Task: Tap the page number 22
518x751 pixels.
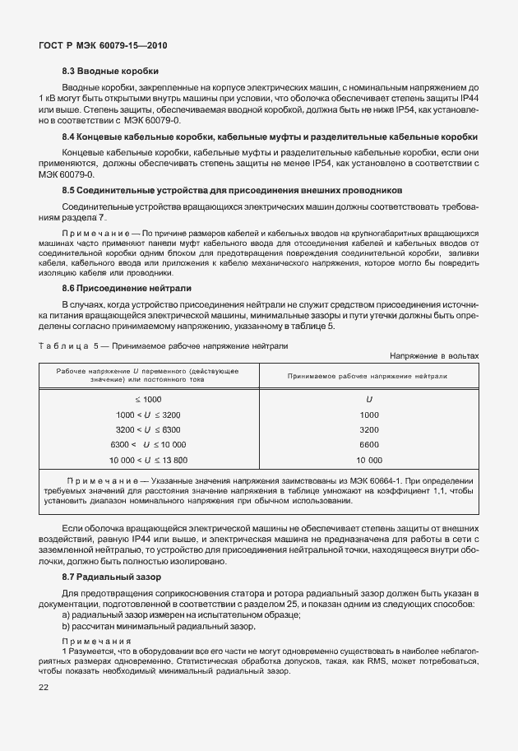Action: point(42,688)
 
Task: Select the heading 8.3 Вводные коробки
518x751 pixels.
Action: point(110,71)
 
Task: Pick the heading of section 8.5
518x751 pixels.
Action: point(232,189)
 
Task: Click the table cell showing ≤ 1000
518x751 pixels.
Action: point(148,398)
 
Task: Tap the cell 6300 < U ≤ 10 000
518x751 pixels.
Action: point(148,445)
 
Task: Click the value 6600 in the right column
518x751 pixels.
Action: point(369,445)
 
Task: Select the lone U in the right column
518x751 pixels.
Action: point(369,398)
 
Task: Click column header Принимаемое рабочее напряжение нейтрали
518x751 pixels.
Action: point(368,375)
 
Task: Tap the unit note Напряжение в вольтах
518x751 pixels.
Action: point(433,355)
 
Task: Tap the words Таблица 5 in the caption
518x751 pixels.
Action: point(68,346)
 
